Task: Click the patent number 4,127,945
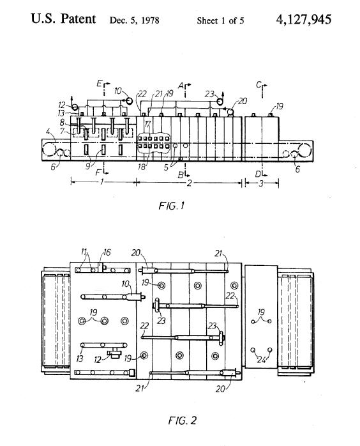click(303, 20)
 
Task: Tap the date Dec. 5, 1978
click(135, 20)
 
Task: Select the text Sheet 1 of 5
click(220, 20)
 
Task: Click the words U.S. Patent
click(63, 19)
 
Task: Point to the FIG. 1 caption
click(172, 205)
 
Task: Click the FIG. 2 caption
click(182, 420)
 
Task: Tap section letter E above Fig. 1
click(99, 83)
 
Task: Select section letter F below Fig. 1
click(98, 172)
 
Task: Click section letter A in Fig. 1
click(181, 86)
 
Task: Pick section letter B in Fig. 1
click(181, 175)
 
